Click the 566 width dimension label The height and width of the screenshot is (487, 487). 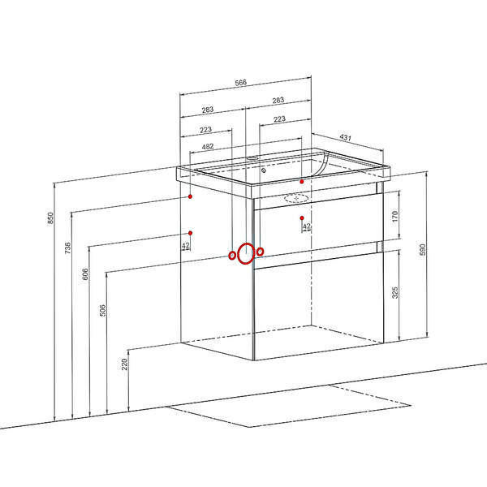(241, 83)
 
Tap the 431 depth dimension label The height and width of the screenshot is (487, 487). (346, 137)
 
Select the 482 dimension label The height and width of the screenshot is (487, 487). (208, 147)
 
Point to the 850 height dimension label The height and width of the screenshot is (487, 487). (50, 218)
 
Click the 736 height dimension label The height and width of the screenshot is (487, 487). (67, 248)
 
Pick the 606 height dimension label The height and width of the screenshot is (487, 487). (85, 274)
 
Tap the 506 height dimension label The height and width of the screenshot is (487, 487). (102, 311)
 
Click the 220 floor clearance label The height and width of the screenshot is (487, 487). (124, 364)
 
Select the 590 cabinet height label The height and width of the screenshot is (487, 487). (422, 250)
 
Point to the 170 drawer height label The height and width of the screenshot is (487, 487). (394, 216)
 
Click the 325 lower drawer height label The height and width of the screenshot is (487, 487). (394, 293)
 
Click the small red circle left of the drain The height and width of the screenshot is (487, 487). (232, 256)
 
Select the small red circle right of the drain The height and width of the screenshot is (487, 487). (261, 252)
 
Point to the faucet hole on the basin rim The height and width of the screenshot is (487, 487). (252, 158)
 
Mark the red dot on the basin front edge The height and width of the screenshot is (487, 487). (302, 182)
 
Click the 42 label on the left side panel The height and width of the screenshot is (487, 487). (186, 246)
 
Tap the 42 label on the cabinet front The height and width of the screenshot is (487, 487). (307, 226)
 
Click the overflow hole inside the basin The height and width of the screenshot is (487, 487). (264, 170)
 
